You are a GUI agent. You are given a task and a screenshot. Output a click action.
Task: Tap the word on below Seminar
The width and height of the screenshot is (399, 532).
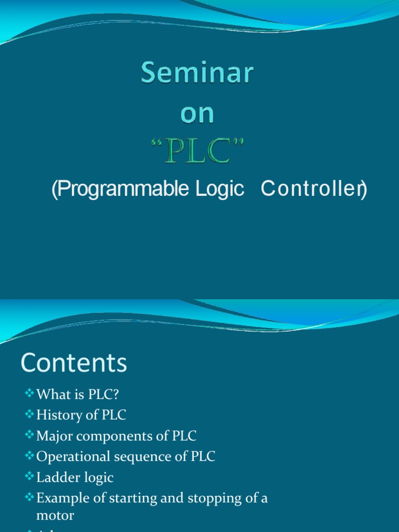click(x=197, y=114)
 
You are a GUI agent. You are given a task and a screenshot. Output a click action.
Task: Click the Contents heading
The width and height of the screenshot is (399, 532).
click(x=74, y=363)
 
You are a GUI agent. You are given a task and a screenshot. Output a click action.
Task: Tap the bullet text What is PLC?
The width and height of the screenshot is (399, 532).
click(x=78, y=394)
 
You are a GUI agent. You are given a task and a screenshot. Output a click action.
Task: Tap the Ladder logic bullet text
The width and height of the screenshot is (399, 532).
click(x=75, y=478)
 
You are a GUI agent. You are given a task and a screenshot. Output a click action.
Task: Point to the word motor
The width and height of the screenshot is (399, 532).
click(x=55, y=515)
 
